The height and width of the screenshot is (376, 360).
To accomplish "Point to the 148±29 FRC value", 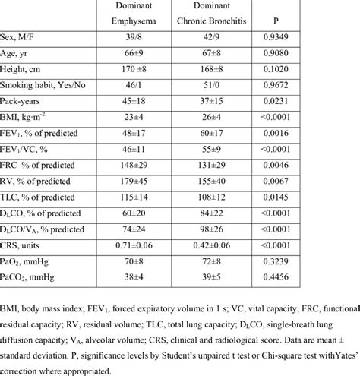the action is pos(134,163).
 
